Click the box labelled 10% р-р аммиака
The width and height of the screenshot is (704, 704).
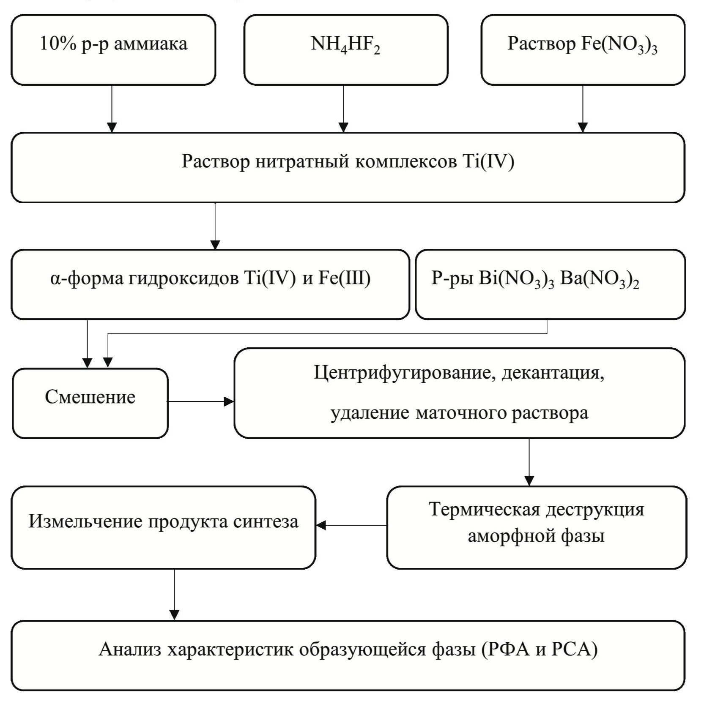(113, 50)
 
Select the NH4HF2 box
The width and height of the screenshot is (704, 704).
(345, 50)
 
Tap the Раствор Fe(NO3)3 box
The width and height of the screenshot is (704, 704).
(583, 50)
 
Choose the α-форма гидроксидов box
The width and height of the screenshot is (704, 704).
(210, 284)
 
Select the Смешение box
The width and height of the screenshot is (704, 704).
(90, 403)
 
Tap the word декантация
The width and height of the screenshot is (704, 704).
(552, 373)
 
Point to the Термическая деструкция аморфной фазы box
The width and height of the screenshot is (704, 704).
(536, 527)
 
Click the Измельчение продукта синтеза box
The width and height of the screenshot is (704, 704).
(163, 527)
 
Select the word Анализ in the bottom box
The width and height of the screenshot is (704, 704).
(130, 649)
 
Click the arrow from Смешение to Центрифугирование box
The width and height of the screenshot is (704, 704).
(201, 401)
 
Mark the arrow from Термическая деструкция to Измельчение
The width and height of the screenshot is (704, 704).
(351, 525)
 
